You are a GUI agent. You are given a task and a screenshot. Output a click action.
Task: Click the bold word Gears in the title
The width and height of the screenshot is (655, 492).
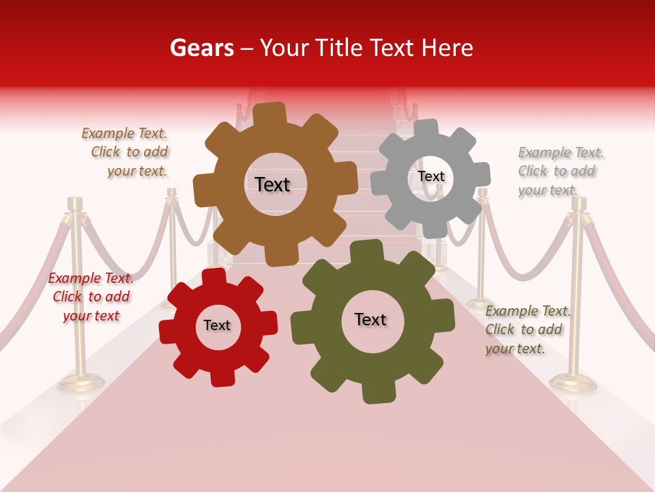[201, 48]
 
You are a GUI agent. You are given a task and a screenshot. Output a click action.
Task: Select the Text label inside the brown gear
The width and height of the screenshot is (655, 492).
[272, 184]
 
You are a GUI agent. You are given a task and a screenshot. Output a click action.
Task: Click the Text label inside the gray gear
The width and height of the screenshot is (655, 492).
[431, 176]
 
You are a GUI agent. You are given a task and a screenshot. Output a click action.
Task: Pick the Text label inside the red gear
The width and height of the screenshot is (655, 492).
[217, 325]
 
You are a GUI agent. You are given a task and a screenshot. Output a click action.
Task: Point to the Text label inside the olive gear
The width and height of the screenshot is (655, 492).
[370, 320]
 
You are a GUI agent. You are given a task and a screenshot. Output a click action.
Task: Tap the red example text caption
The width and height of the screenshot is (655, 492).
[91, 297]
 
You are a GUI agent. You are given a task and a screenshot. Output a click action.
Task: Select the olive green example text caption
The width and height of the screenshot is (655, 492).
[527, 329]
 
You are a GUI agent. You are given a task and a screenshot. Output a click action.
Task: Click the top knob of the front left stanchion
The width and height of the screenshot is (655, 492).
[74, 203]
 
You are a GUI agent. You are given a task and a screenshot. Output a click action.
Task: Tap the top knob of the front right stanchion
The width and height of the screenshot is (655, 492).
[579, 203]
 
